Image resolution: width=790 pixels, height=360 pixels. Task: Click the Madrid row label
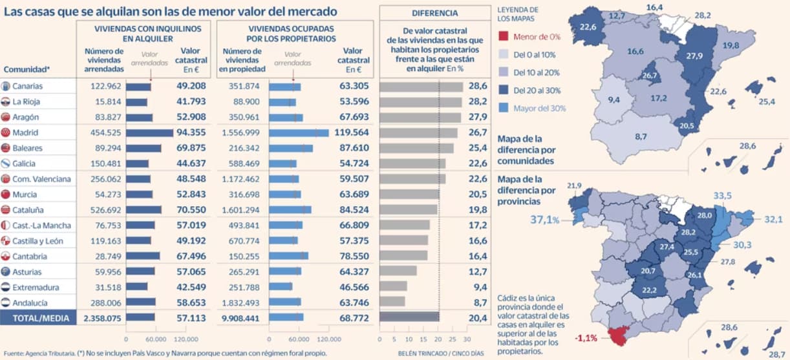(25, 132)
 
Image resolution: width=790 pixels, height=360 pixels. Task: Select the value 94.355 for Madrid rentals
(191, 132)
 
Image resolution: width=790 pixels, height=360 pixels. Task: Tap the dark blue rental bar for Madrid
(149, 133)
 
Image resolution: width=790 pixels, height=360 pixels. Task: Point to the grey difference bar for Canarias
(421, 87)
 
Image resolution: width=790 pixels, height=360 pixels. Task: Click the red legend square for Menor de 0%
(503, 36)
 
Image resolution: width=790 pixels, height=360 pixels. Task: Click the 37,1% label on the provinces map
(545, 220)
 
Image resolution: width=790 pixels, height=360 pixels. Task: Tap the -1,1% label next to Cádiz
(586, 338)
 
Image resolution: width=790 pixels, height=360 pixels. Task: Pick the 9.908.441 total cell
(240, 319)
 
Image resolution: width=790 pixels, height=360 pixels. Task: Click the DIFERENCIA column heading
(435, 13)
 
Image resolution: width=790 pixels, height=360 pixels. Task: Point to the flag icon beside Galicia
(6, 164)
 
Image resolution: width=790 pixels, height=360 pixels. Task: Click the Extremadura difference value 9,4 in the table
(480, 287)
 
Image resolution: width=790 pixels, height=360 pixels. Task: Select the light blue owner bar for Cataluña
(290, 210)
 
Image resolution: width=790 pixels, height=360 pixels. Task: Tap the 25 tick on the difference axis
(452, 339)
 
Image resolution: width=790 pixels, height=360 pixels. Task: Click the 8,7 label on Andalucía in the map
(641, 136)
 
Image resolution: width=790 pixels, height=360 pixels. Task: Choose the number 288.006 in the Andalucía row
(105, 303)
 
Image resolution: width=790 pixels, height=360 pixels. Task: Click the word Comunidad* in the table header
(27, 69)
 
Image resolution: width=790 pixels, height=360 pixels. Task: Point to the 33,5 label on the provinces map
(722, 196)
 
